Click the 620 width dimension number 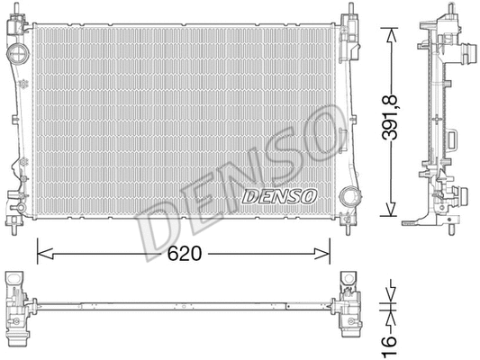coord(185,254)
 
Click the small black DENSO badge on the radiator coord(277,195)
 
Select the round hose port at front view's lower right coord(348,197)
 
